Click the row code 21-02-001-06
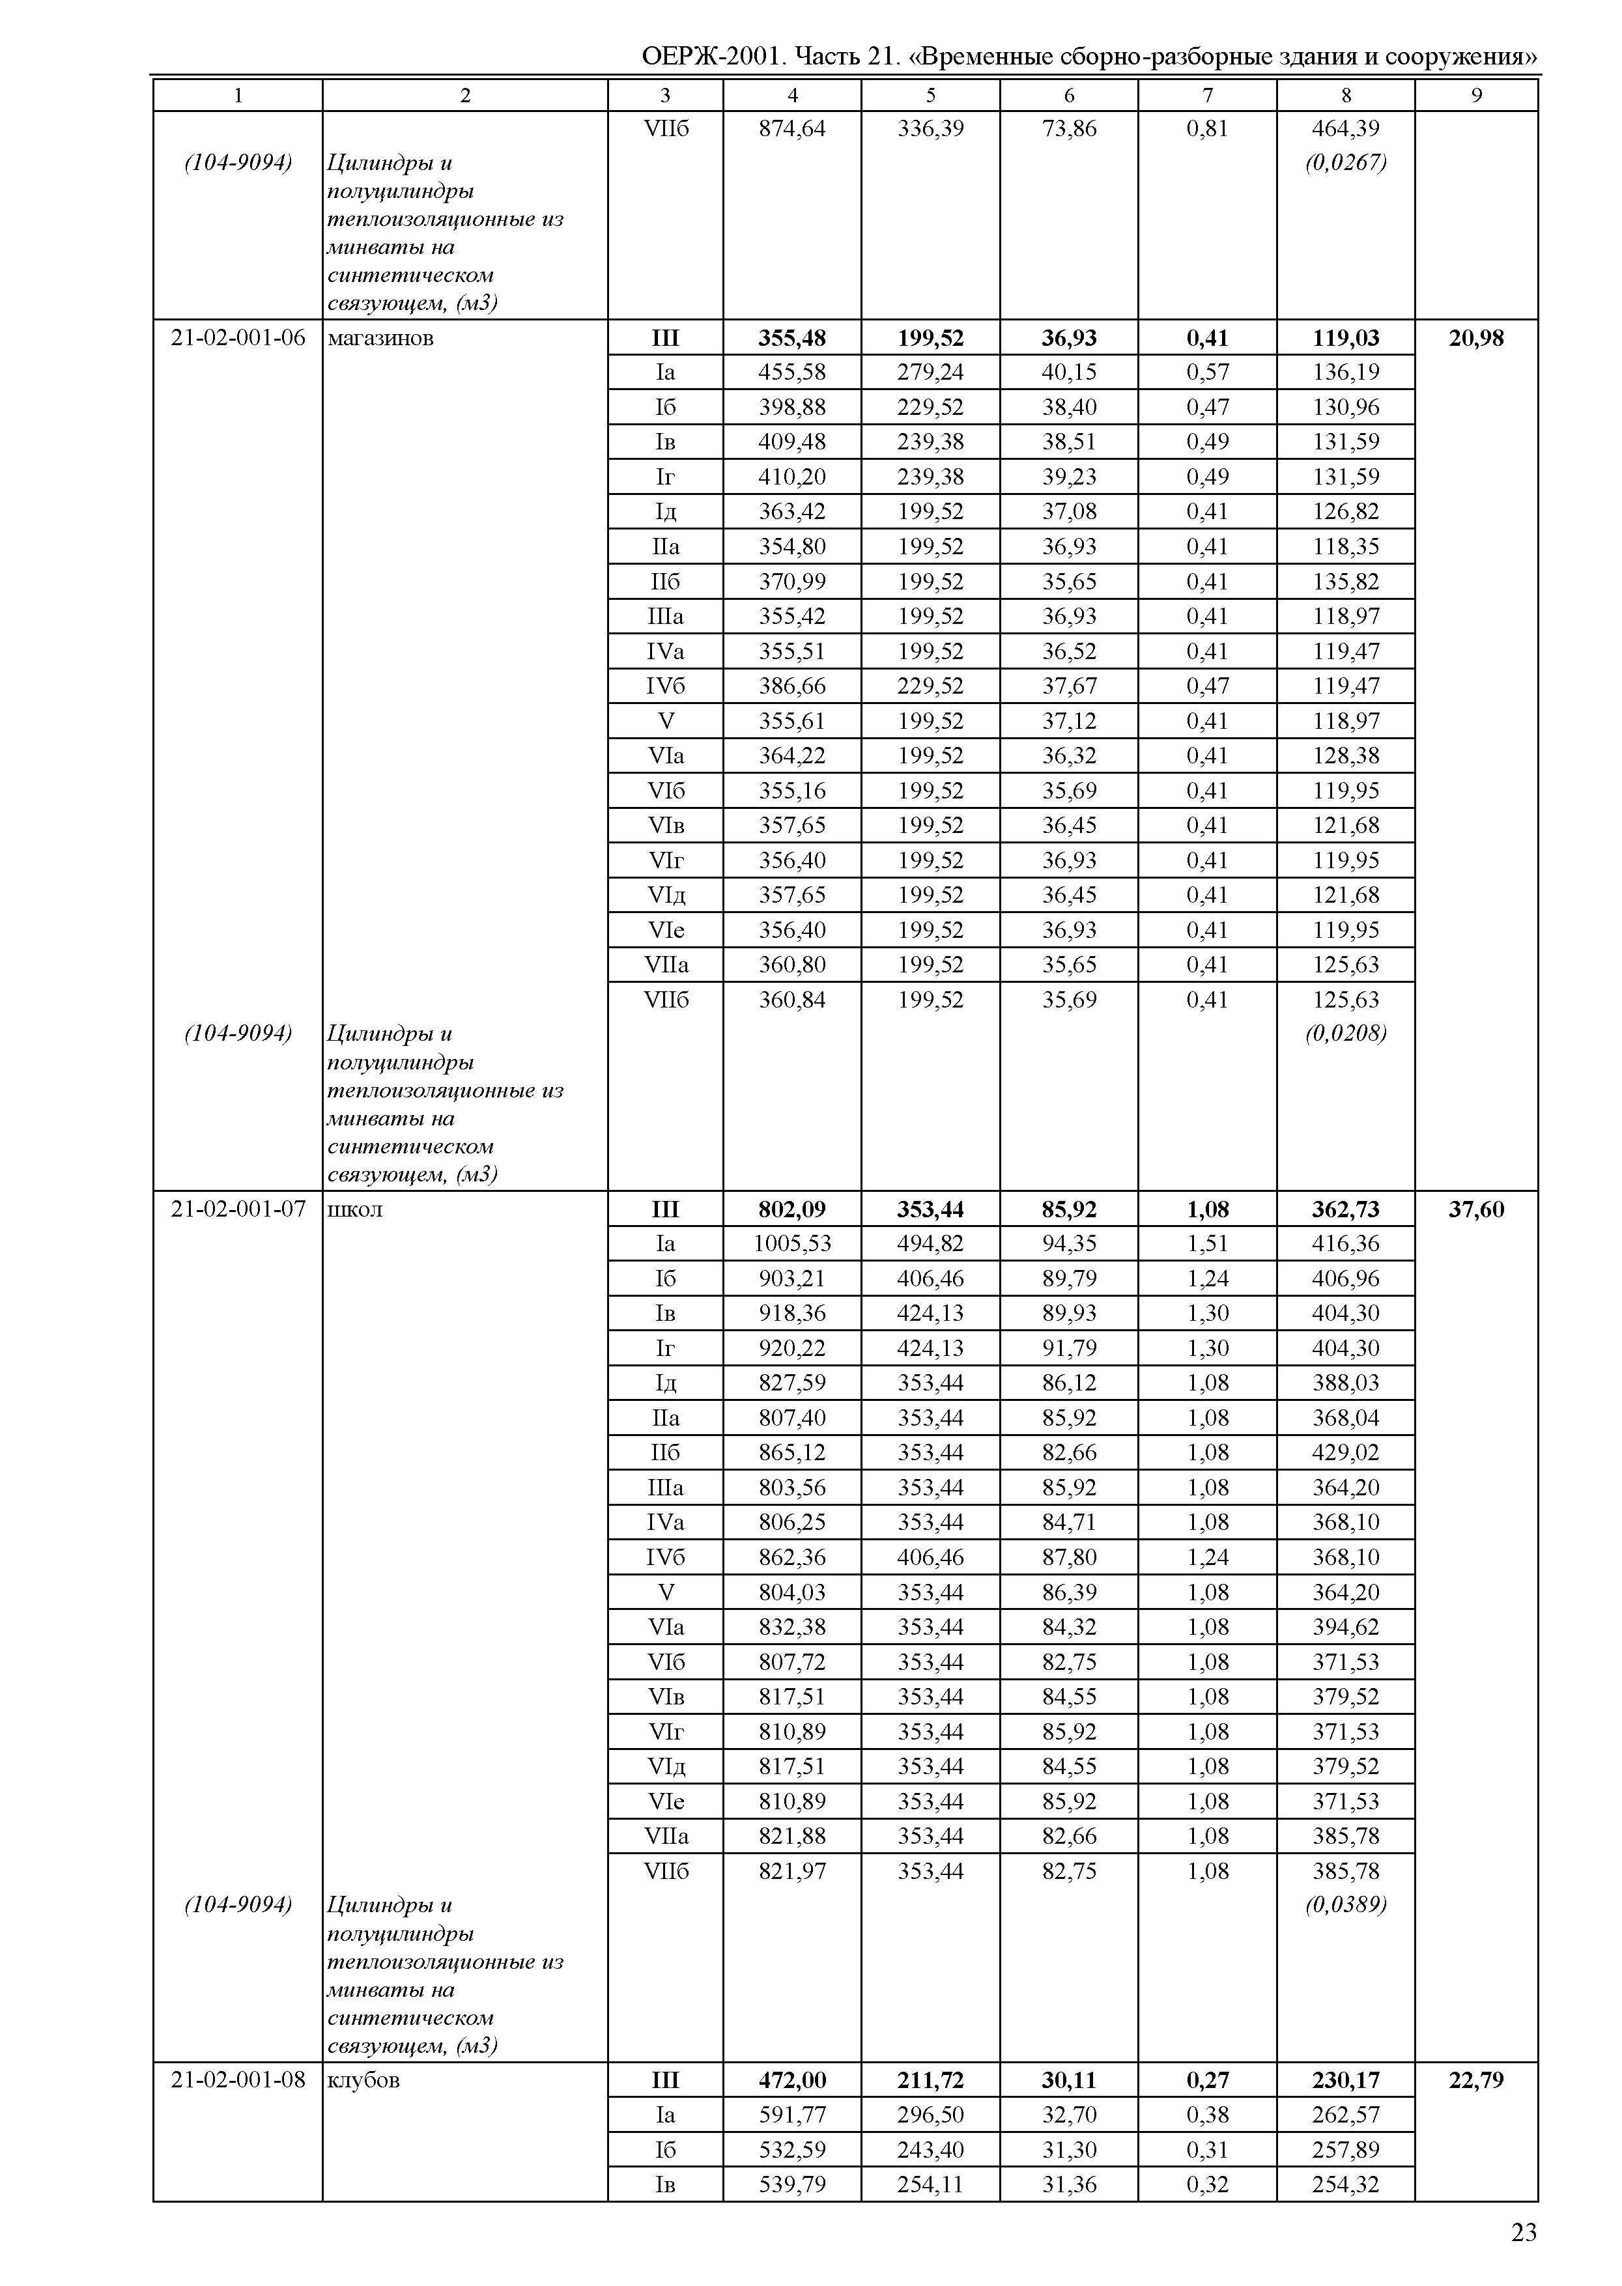[x=238, y=337]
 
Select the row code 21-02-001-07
[x=238, y=1209]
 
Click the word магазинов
[x=380, y=337]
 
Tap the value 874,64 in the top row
[x=792, y=128]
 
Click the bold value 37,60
[x=1476, y=1209]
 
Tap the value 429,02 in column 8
[x=1345, y=1453]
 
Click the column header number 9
[x=1476, y=96]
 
